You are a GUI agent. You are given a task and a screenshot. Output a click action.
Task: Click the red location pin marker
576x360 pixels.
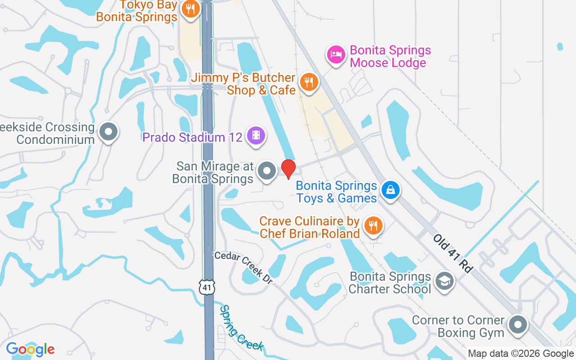click(x=288, y=169)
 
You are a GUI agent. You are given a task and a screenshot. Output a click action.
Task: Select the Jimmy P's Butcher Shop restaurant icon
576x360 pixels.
click(x=308, y=82)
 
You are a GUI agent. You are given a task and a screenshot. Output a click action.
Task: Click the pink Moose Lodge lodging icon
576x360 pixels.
click(x=336, y=54)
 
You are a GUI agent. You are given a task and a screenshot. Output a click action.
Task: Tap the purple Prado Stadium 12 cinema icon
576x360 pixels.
click(x=256, y=135)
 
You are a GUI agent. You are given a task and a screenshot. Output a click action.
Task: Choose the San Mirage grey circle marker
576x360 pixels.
click(x=267, y=171)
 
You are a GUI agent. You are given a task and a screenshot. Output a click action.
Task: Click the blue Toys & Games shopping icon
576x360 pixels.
click(x=391, y=190)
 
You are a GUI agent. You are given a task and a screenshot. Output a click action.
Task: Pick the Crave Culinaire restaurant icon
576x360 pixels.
click(x=373, y=225)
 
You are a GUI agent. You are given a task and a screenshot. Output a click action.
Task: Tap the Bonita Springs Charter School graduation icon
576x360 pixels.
click(x=445, y=281)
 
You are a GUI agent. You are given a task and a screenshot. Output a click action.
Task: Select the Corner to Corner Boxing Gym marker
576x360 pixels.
click(x=518, y=324)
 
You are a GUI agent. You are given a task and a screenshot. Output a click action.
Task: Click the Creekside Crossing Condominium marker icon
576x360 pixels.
click(x=108, y=132)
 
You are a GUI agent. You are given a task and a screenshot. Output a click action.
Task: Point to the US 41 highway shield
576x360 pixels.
click(x=207, y=286)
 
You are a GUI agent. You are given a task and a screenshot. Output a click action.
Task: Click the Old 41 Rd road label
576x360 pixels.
click(x=454, y=253)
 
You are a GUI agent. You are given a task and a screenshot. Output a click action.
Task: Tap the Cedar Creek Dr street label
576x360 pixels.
click(x=243, y=267)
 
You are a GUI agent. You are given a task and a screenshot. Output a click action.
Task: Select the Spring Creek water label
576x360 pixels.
click(x=241, y=328)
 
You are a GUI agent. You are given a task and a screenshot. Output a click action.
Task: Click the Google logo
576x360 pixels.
click(x=30, y=349)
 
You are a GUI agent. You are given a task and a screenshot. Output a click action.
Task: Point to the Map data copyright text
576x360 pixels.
click(x=521, y=354)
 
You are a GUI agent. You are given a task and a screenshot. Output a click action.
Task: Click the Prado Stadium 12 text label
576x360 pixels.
click(x=193, y=137)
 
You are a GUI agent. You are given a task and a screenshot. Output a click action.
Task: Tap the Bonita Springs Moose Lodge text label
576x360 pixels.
click(x=390, y=56)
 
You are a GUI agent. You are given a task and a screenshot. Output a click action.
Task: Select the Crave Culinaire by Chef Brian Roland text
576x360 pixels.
click(x=310, y=227)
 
